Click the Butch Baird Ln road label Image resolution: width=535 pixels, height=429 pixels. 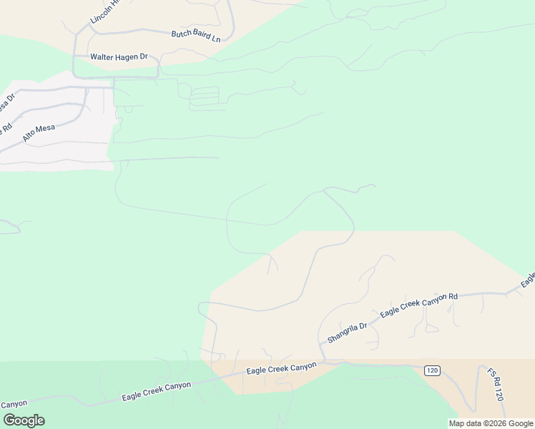(195, 35)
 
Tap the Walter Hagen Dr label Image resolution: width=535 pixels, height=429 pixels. (119, 56)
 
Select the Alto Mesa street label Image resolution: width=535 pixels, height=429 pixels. (39, 132)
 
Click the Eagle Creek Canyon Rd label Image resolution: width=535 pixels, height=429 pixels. (418, 305)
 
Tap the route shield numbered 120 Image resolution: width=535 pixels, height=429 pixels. (431, 370)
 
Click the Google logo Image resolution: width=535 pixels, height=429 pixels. (24, 420)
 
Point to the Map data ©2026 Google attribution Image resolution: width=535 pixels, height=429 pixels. (491, 423)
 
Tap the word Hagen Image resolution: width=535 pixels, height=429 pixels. (128, 56)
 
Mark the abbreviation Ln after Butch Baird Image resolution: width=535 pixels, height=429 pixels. (216, 39)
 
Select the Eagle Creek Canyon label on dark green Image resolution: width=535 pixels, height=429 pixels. (156, 390)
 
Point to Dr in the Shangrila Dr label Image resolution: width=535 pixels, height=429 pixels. (362, 325)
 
